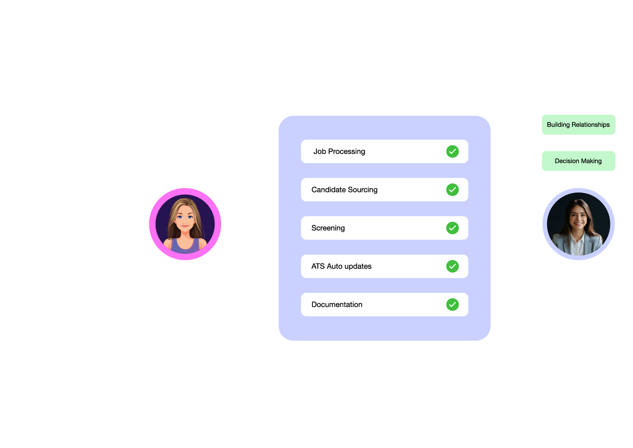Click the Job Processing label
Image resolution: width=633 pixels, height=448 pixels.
click(339, 151)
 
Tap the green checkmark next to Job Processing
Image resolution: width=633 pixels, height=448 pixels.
click(452, 151)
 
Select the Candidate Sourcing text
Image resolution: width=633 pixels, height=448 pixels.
click(344, 190)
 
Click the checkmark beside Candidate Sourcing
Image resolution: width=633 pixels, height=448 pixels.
click(452, 190)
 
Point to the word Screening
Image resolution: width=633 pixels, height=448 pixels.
click(328, 228)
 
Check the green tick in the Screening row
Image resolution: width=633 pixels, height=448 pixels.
click(452, 228)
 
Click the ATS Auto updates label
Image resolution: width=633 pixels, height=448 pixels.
click(341, 266)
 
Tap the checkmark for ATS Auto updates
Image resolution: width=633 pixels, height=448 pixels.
click(452, 266)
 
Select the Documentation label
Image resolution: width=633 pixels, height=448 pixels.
click(337, 304)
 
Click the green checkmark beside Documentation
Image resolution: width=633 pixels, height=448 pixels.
click(452, 304)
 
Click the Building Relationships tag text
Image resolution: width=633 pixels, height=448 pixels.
click(578, 125)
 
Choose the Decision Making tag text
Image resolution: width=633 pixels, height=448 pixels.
click(578, 161)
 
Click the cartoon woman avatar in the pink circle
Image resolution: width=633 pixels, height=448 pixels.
click(185, 224)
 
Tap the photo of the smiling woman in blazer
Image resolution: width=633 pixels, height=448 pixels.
click(578, 224)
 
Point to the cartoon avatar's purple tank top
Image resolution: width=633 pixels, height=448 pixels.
click(186, 246)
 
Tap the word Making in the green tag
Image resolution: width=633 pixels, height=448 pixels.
click(591, 161)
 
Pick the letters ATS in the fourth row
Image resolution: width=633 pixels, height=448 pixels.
click(318, 266)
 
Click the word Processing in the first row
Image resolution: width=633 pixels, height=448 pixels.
click(347, 151)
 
